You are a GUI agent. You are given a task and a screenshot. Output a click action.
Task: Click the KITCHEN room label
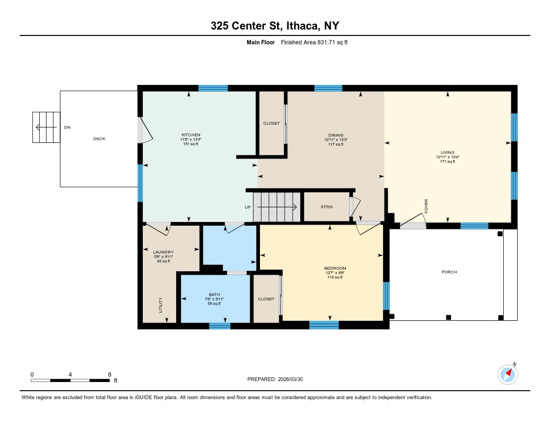point(191,135)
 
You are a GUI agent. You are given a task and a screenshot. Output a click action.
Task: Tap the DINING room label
point(336,135)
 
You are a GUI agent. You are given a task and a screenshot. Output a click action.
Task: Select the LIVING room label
point(447,153)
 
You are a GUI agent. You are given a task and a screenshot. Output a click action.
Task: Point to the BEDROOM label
point(335,268)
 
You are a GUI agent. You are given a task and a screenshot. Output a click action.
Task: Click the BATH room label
point(214,295)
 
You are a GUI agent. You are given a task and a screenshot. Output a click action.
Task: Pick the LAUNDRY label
point(163,252)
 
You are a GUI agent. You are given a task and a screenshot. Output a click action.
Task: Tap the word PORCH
point(450,272)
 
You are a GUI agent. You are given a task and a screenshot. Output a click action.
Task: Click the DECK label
point(99,139)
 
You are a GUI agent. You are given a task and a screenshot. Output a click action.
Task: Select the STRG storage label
point(327,207)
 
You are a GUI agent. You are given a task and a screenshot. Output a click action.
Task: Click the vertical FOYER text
point(426,206)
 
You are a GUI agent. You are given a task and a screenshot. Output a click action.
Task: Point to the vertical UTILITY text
point(161,305)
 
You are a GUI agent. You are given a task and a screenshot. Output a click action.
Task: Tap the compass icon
point(508,374)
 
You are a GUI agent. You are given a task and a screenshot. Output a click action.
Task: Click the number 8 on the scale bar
point(110,374)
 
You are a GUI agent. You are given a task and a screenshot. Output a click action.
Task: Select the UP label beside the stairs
point(248,207)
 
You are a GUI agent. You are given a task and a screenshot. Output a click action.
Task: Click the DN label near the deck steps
point(67,127)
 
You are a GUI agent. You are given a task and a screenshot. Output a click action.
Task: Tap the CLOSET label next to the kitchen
point(271,123)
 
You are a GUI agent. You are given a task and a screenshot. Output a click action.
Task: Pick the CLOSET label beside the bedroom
point(266,299)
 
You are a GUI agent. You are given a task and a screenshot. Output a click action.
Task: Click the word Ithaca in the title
point(303,26)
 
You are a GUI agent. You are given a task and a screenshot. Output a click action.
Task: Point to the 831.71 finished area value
point(326,42)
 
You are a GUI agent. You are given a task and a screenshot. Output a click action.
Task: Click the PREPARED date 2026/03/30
point(291,379)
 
